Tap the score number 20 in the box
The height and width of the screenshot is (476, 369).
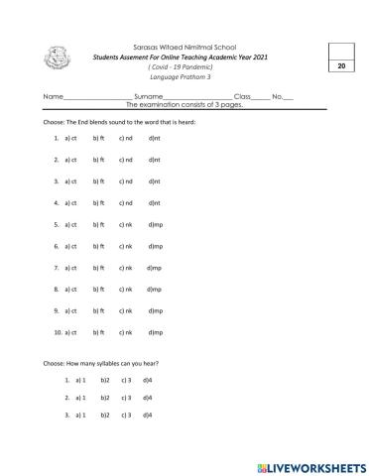point(341,66)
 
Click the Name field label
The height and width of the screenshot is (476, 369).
point(52,95)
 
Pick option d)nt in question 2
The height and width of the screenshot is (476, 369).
point(154,160)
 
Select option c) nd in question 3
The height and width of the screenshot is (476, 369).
point(125,181)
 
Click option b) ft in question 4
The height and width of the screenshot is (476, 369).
point(97,202)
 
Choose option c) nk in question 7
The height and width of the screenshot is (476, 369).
point(125,268)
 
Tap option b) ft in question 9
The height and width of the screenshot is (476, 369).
point(97,310)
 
